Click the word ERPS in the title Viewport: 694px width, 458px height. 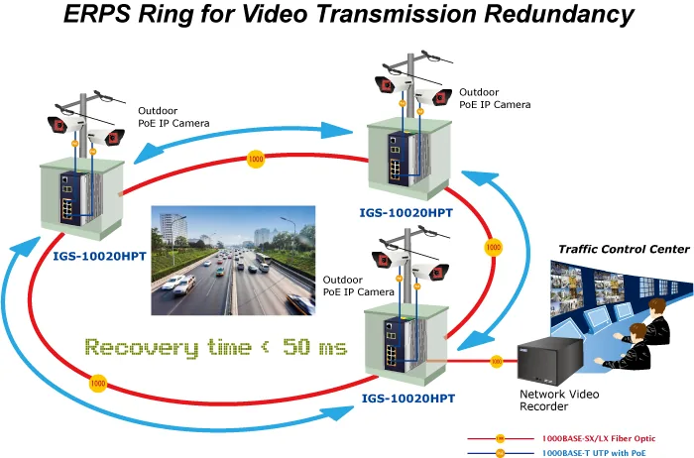pos(97,13)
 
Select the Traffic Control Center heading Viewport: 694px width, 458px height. pos(624,249)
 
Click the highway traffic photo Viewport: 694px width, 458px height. pos(233,260)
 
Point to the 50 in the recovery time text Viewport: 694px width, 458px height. pos(296,347)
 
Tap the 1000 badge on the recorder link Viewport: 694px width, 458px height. pos(497,362)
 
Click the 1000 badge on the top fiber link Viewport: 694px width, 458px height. pos(256,159)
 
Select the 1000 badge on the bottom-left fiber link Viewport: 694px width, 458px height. pos(98,384)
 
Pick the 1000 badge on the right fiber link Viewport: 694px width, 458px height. pos(494,247)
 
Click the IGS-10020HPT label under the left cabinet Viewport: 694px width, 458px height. pos(99,256)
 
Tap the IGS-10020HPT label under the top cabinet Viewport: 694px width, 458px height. pos(405,213)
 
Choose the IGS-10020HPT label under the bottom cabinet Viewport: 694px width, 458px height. pos(408,399)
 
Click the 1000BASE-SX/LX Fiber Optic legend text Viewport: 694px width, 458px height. pos(599,438)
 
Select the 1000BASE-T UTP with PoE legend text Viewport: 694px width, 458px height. pos(594,453)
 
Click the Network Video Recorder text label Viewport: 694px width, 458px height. pos(559,401)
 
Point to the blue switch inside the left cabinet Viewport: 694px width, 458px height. pos(70,198)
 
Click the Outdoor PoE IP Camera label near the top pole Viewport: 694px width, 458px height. pos(495,98)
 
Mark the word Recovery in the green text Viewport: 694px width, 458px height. pos(142,347)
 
